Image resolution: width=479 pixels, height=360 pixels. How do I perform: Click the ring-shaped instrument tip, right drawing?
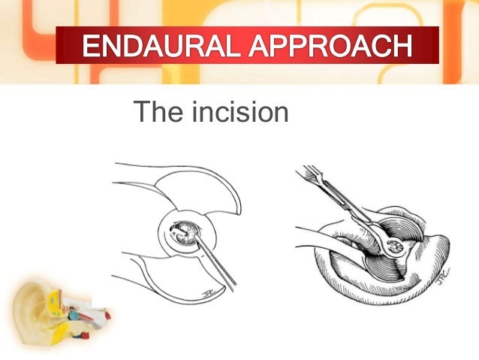pos(393,245)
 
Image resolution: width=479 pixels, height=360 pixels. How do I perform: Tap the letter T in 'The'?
pos(141,113)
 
